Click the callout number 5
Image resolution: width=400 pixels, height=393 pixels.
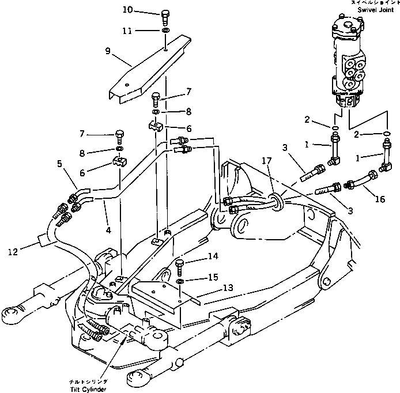(60, 164)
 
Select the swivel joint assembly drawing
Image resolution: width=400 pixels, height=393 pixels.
(348, 63)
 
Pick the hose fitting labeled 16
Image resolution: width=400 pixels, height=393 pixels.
(360, 179)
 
